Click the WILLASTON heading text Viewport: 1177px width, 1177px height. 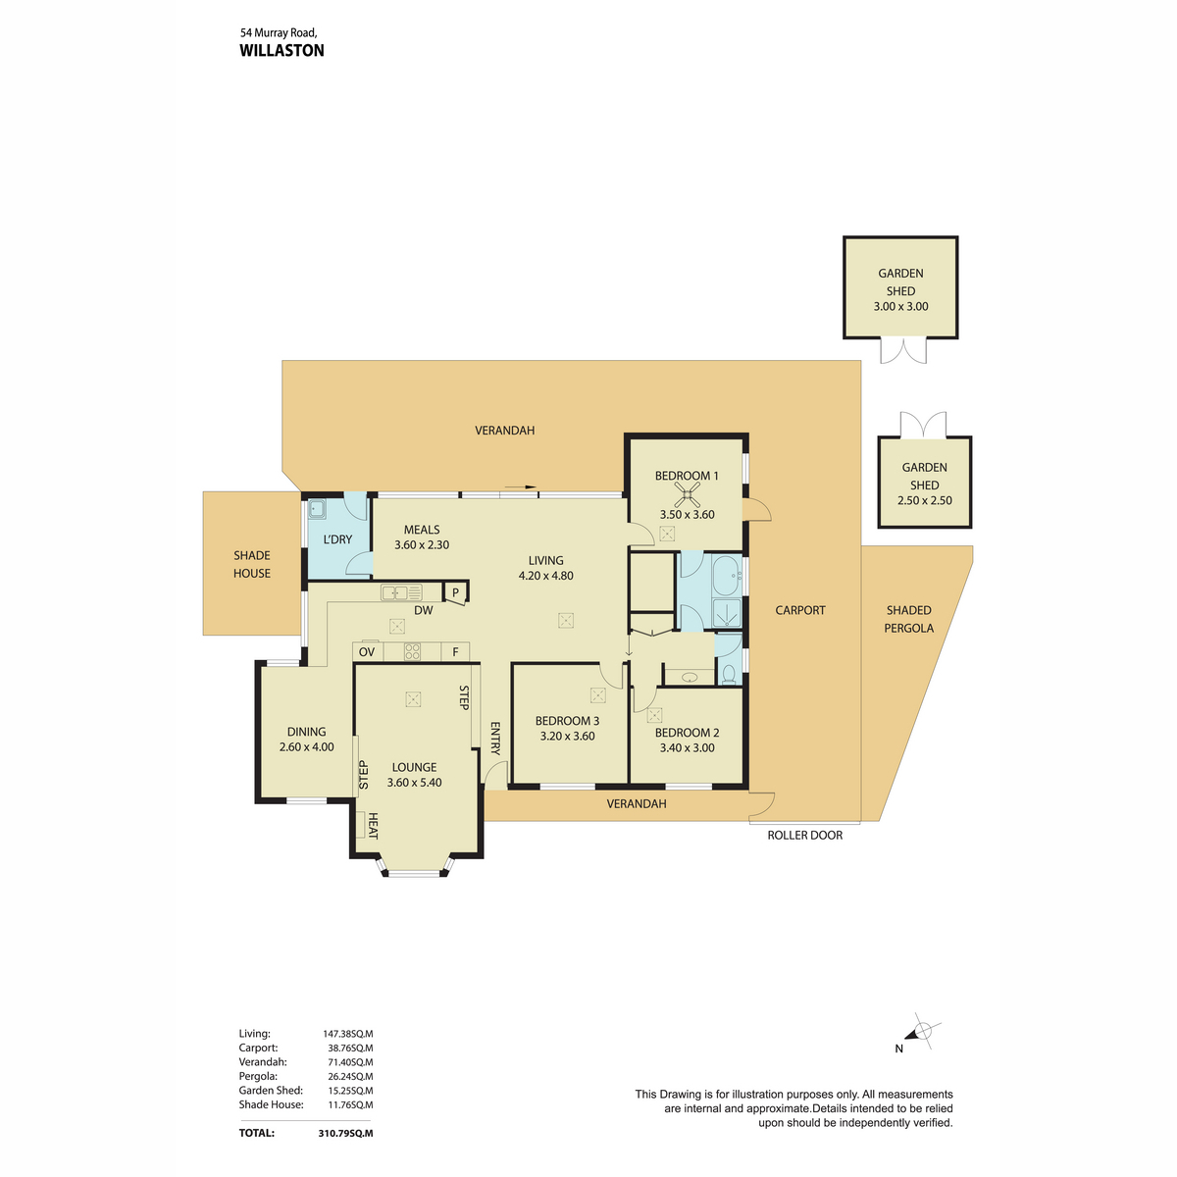(x=281, y=51)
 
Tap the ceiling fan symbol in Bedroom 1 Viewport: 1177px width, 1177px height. (x=687, y=494)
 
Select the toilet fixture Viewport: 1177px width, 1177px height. (x=728, y=674)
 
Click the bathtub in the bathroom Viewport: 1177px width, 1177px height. (x=726, y=576)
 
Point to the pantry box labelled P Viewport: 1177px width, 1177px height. (x=455, y=592)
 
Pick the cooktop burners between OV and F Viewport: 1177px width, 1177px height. (x=412, y=651)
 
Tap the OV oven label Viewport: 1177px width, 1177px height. (x=367, y=652)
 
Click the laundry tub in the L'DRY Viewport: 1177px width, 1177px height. (x=317, y=509)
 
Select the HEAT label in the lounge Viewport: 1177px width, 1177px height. (x=373, y=826)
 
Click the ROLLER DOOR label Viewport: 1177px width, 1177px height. (x=804, y=835)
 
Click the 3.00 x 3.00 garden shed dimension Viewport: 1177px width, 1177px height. (x=900, y=307)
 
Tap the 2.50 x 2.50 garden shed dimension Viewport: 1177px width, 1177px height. (x=924, y=500)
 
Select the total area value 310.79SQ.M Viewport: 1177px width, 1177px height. (x=345, y=1133)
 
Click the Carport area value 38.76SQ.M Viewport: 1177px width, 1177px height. (x=350, y=1048)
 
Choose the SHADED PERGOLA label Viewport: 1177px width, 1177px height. (x=909, y=619)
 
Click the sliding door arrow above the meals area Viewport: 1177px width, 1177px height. (x=521, y=486)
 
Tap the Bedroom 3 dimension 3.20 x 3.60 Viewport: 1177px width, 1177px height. (x=567, y=736)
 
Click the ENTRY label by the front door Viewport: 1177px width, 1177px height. (x=495, y=739)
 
